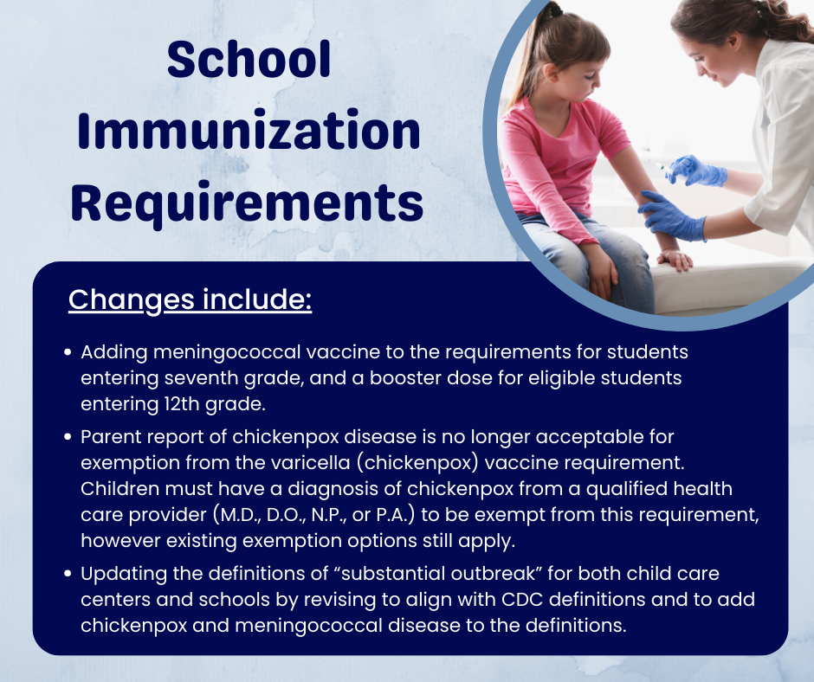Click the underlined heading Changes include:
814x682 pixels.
coord(190,299)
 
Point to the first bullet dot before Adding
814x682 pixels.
coord(68,354)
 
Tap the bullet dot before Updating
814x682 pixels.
coord(68,575)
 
